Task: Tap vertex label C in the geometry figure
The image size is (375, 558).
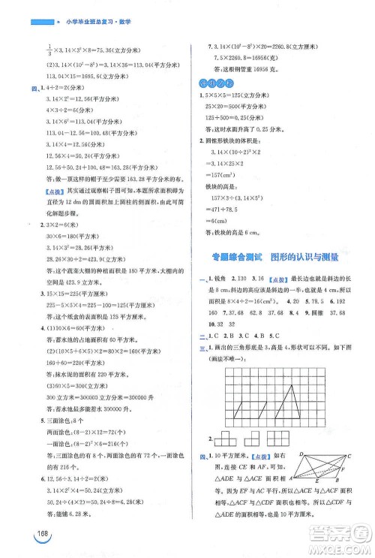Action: point(349,455)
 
